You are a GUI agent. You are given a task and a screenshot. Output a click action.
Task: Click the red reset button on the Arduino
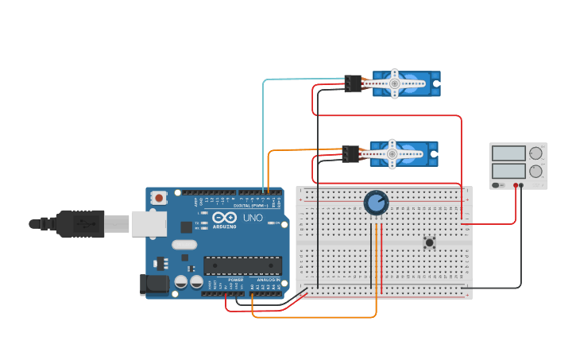(x=159, y=197)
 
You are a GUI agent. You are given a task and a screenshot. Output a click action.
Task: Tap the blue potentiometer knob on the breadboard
(x=376, y=203)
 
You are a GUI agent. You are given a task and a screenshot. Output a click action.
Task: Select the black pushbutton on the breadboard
(x=430, y=242)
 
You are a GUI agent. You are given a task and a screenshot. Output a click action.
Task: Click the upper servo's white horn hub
(x=395, y=83)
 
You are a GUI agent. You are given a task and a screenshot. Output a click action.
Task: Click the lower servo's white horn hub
(x=392, y=153)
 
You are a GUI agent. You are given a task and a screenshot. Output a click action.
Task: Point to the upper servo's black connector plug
(x=354, y=83)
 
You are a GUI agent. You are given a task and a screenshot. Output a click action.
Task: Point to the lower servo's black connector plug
(x=350, y=154)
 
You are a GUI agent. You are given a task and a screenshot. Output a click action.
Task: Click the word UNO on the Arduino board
(x=252, y=218)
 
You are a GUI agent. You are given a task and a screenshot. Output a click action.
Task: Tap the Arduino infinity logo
(x=224, y=218)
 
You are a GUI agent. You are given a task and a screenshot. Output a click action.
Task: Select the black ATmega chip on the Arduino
(x=242, y=265)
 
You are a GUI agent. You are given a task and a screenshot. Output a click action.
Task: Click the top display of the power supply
(x=508, y=153)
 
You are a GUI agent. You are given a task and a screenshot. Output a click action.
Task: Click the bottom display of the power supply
(x=508, y=171)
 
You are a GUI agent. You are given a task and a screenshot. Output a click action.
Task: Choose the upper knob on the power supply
(x=537, y=153)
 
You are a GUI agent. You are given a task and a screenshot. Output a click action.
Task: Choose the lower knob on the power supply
(x=537, y=171)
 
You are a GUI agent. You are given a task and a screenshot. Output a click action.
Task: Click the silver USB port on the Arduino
(x=149, y=223)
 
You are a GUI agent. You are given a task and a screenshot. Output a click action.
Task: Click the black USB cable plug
(x=79, y=223)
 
